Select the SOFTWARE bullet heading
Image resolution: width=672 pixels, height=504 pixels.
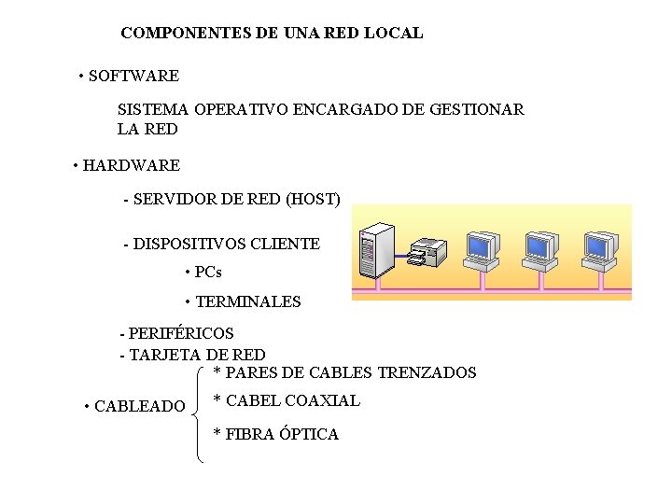[133, 75]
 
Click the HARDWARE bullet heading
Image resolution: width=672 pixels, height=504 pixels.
[131, 166]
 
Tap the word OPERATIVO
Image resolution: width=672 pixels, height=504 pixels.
[242, 109]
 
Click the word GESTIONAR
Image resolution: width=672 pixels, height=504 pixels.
[476, 109]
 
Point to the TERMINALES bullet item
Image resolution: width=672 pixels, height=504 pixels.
[247, 301]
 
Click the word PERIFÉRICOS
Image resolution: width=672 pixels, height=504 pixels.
[181, 333]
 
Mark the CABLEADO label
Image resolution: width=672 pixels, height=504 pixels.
[140, 406]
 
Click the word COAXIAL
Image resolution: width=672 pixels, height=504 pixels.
[322, 400]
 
